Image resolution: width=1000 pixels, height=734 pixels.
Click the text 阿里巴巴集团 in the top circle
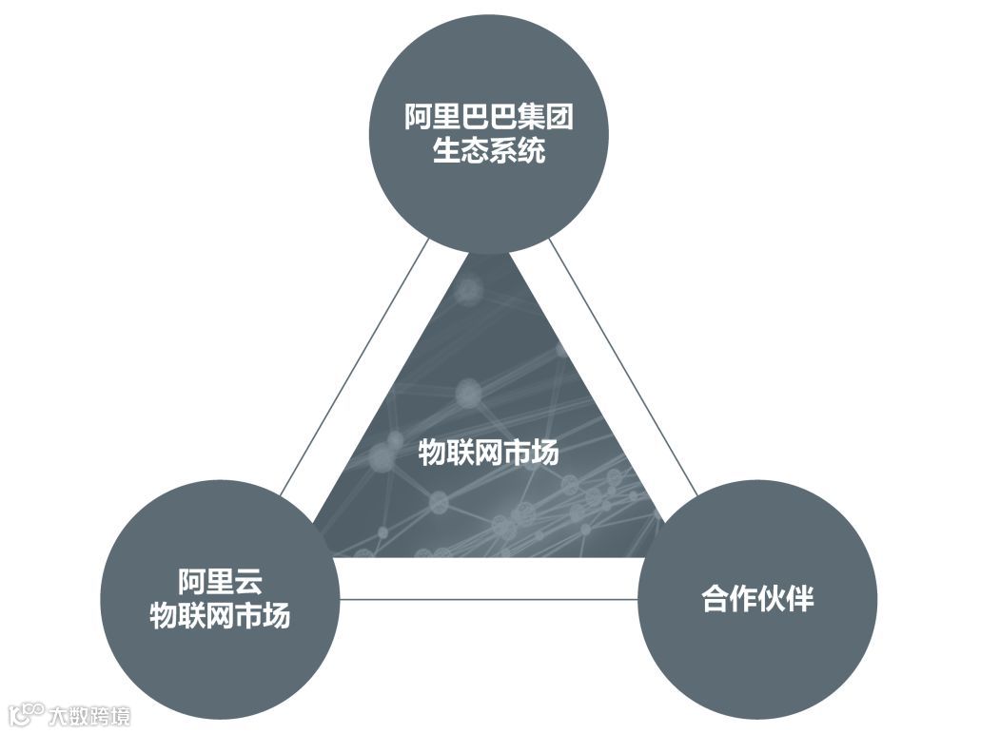tap(489, 119)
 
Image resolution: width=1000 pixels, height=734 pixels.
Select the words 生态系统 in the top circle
tap(489, 151)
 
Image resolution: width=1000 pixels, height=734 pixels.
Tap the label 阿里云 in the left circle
tap(219, 581)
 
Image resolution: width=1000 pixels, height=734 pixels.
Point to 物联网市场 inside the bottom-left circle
tap(219, 616)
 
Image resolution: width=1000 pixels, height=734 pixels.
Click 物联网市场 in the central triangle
tap(489, 454)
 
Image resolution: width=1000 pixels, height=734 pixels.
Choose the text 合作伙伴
tap(758, 600)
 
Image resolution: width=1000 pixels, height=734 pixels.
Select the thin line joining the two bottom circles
tap(487, 600)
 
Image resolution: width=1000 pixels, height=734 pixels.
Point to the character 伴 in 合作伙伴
tap(800, 600)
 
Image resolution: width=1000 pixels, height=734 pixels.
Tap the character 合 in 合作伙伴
tap(716, 600)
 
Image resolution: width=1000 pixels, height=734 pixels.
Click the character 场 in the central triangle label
tap(545, 454)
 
